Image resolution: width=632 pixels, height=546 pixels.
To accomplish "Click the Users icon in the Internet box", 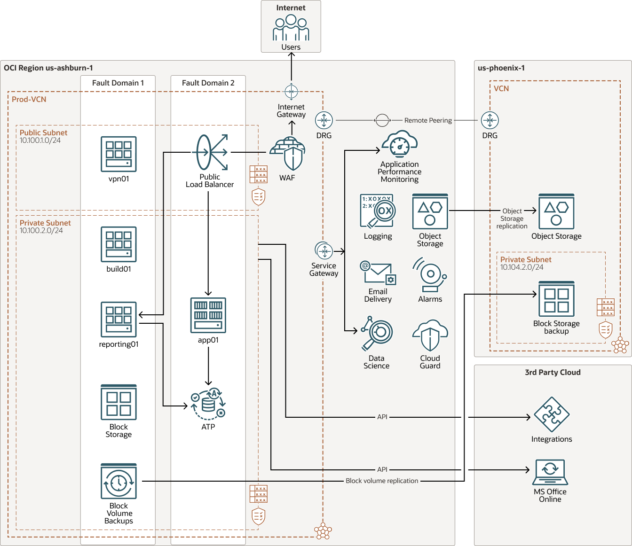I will point(291,28).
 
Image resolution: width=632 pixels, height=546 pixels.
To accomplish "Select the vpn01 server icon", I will point(118,154).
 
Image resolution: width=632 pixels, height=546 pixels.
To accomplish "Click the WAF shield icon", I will point(288,154).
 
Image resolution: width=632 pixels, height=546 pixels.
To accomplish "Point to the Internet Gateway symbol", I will point(291,91).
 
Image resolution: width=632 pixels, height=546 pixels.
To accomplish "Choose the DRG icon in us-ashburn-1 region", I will point(324,120).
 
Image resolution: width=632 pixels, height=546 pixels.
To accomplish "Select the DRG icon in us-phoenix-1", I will point(490,120).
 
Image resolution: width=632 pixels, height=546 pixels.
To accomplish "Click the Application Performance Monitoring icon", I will point(400,144).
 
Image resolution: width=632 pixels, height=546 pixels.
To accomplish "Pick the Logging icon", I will point(378,211).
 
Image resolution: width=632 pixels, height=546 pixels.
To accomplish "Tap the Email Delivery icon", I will point(378,273).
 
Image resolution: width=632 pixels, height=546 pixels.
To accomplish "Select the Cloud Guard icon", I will point(430,336).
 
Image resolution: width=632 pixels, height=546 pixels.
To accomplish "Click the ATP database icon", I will point(208,404).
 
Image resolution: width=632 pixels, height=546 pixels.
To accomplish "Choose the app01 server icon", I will point(208,315).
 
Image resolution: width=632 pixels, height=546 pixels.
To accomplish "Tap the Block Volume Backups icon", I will point(118,482).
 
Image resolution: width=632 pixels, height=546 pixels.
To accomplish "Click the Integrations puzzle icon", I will point(551,415).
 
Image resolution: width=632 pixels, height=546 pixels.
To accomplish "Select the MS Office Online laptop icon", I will point(550,472).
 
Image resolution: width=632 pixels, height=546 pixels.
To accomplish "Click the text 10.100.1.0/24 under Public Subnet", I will point(40,140).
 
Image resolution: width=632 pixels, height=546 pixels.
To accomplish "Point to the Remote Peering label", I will point(428,120).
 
